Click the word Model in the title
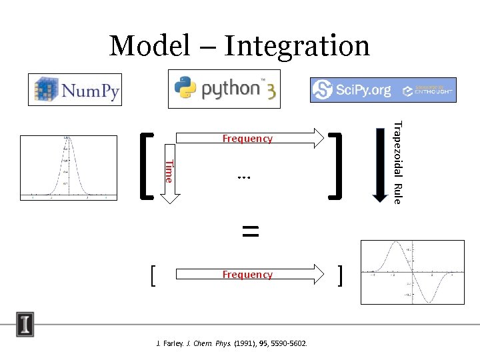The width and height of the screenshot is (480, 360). coord(149,46)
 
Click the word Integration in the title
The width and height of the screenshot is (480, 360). coord(297,46)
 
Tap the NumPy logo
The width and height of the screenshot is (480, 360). coord(75,90)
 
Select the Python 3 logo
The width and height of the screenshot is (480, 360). coord(224,89)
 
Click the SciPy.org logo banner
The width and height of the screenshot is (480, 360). coord(354,90)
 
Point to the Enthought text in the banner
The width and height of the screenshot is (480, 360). coord(434,89)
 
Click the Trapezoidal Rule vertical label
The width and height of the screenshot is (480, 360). coord(397,162)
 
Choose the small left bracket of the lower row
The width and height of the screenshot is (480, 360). coord(153,274)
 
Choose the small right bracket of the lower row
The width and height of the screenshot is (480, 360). coord(341,274)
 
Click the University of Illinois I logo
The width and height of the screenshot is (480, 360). coord(25,325)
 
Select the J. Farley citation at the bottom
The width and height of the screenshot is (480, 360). coord(231,343)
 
